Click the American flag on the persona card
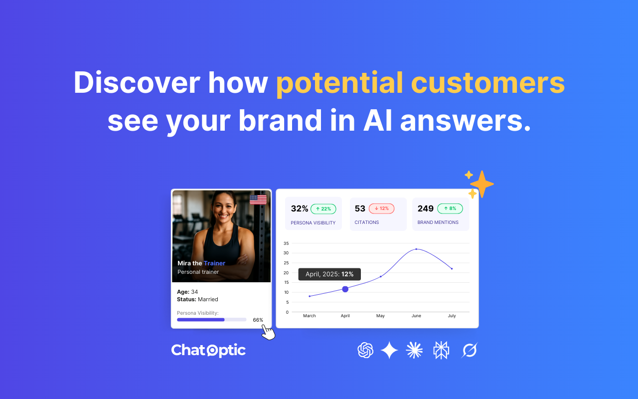click(258, 199)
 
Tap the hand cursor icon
click(268, 332)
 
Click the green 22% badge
click(323, 208)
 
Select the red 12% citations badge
click(381, 208)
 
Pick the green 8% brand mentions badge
click(450, 208)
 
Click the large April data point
click(345, 289)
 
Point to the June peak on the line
click(416, 249)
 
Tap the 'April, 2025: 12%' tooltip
click(329, 274)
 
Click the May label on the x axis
click(380, 316)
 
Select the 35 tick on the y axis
click(286, 243)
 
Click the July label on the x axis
click(452, 316)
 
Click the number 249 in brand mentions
click(426, 208)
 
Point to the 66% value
click(258, 320)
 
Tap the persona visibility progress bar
click(211, 320)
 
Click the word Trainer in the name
click(214, 263)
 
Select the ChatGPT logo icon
click(365, 350)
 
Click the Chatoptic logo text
click(208, 350)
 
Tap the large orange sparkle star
click(481, 185)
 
